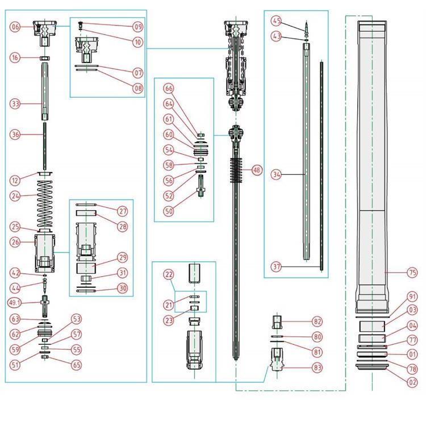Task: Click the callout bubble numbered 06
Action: click(15, 27)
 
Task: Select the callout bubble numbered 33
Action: click(15, 103)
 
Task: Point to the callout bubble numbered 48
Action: click(257, 170)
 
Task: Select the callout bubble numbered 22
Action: click(168, 274)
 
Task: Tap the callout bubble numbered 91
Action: click(411, 296)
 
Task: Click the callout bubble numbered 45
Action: click(277, 22)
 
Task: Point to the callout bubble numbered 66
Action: click(169, 89)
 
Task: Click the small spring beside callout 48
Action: click(237, 169)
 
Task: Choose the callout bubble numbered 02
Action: click(411, 382)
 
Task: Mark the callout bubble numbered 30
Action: click(123, 288)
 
